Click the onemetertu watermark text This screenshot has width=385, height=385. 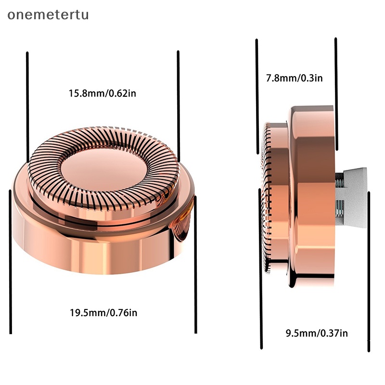(48, 15)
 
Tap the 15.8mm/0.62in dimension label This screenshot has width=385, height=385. (102, 93)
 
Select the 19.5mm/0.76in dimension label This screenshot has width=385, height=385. (103, 313)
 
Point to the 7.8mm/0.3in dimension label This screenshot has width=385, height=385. (295, 78)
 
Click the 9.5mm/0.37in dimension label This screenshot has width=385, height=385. (317, 333)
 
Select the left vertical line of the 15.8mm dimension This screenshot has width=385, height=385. (28, 107)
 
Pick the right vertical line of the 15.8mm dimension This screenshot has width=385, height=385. (179, 106)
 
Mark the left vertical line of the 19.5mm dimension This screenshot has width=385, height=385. (10, 262)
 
